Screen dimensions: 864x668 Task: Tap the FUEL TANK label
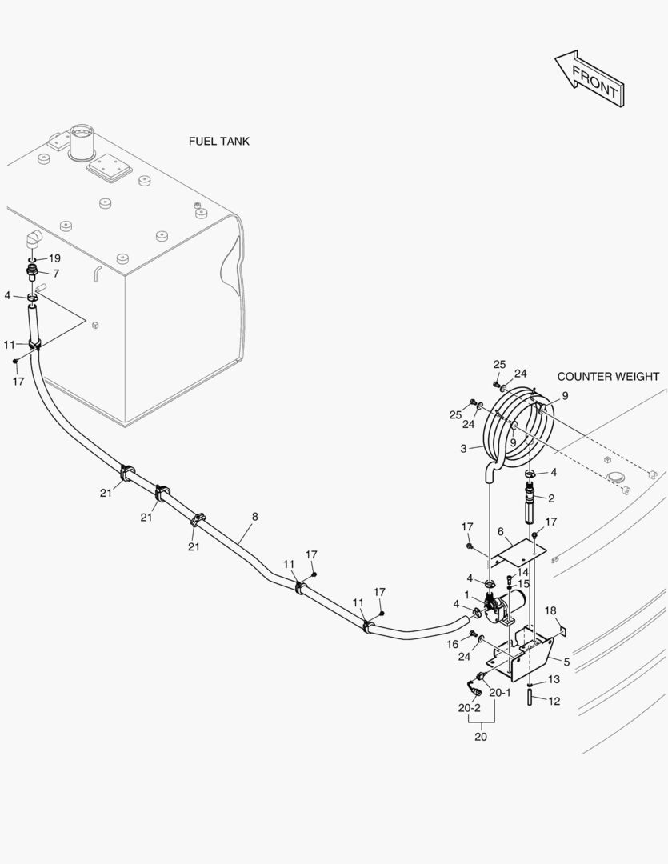(218, 142)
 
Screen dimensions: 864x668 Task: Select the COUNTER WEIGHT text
(608, 377)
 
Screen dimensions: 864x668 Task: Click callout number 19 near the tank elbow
(54, 258)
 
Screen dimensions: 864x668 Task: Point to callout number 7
(56, 274)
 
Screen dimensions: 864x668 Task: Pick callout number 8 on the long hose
(254, 517)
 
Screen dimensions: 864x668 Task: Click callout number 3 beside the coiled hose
(462, 449)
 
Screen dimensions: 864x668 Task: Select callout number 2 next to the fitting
(550, 498)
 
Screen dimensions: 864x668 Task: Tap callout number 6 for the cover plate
(500, 531)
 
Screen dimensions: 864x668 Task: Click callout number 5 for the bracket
(566, 662)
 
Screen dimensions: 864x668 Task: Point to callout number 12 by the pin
(554, 701)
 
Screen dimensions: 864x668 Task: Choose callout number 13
(554, 679)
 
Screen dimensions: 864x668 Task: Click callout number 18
(550, 611)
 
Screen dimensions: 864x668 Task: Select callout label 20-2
(469, 708)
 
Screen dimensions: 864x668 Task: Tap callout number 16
(452, 643)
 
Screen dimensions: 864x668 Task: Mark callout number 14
(522, 572)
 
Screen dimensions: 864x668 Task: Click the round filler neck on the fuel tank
(82, 140)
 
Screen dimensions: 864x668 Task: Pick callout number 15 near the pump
(524, 584)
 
